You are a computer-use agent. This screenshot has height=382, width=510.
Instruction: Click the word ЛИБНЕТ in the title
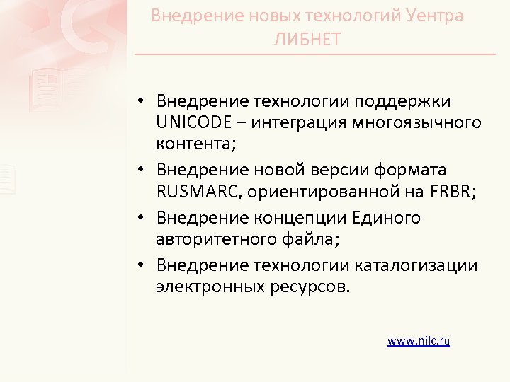(x=307, y=38)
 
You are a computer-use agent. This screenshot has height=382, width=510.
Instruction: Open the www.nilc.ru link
(x=419, y=340)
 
